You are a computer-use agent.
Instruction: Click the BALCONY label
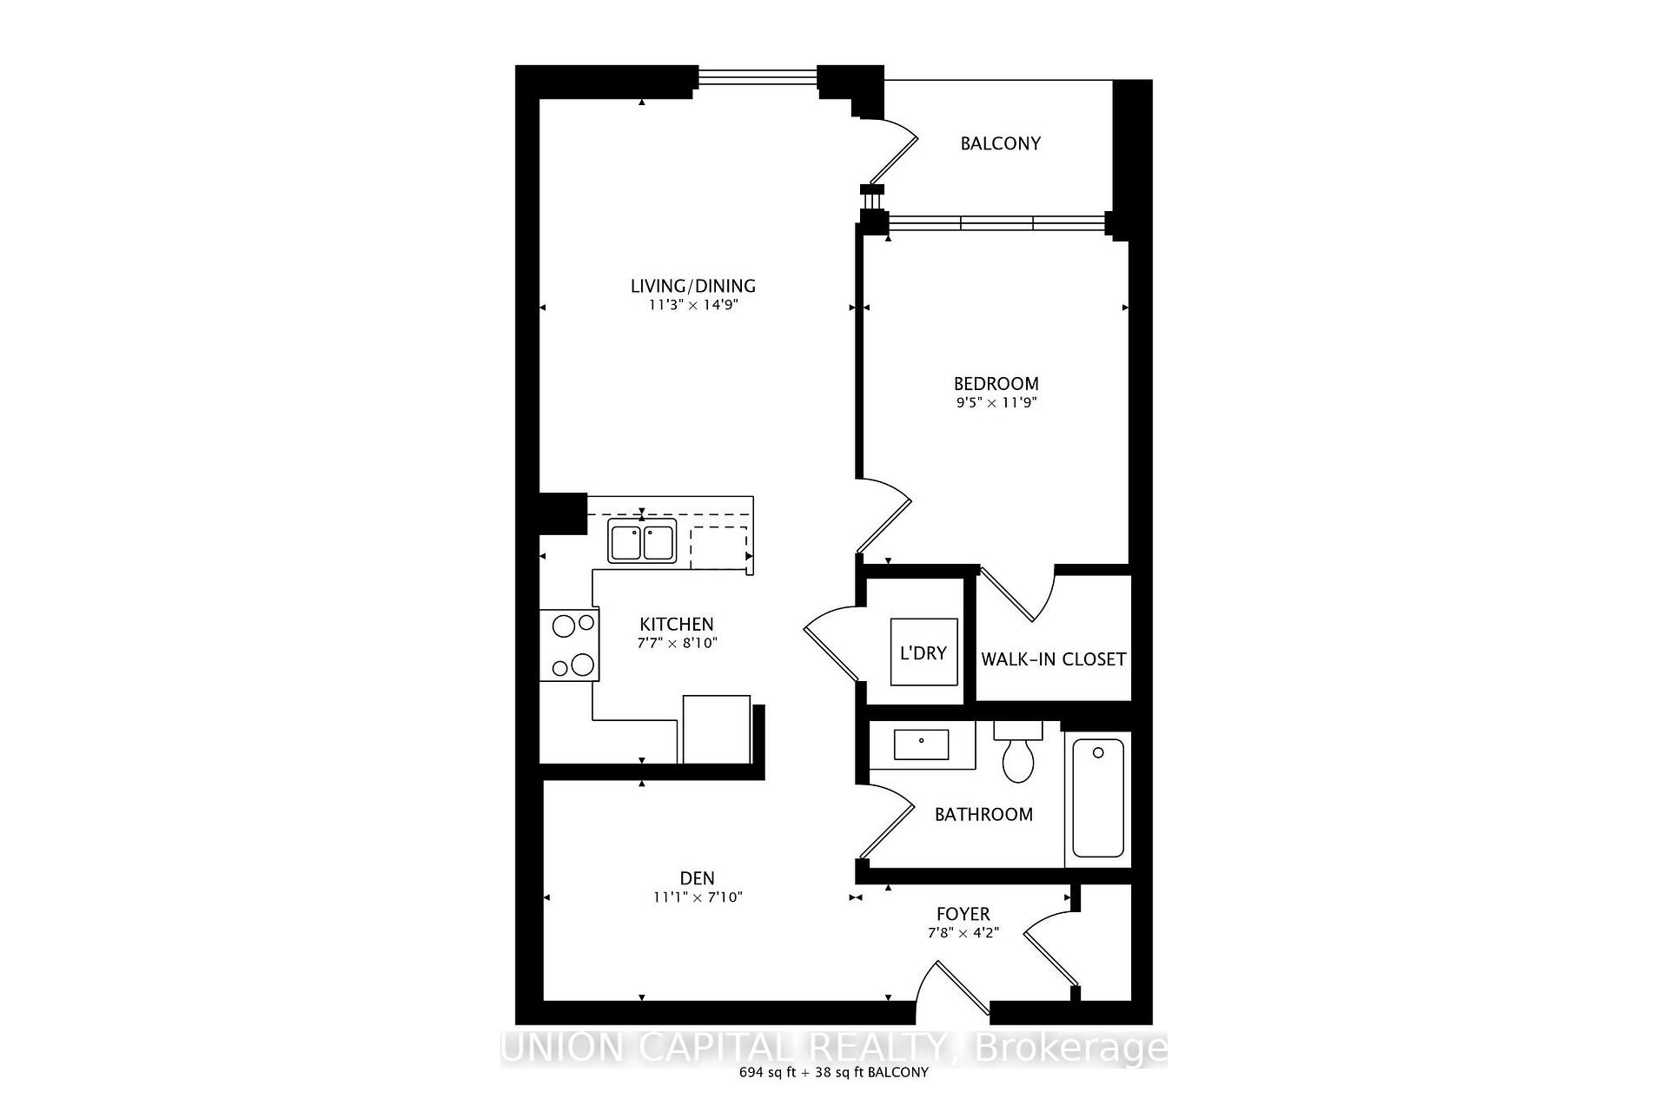click(x=1000, y=143)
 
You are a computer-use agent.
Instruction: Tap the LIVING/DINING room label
click(x=693, y=286)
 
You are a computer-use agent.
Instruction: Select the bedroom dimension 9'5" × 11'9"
click(x=996, y=402)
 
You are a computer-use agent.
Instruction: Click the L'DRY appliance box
click(x=923, y=652)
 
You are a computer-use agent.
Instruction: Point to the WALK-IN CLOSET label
click(x=1054, y=659)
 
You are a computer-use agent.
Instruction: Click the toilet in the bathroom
click(x=1018, y=752)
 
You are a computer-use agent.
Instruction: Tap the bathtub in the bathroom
click(x=1098, y=798)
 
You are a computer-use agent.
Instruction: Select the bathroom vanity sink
click(x=922, y=745)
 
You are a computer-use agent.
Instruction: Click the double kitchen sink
click(x=642, y=541)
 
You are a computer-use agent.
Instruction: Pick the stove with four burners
click(x=569, y=645)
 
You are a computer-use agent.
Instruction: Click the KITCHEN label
click(x=677, y=624)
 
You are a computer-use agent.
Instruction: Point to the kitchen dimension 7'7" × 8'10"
click(x=678, y=644)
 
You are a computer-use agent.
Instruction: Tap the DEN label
click(x=698, y=878)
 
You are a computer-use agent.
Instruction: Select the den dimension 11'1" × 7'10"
click(x=698, y=897)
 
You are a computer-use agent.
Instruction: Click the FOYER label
click(x=963, y=914)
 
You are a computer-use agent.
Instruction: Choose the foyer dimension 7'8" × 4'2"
click(x=963, y=933)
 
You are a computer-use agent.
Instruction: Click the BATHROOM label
click(x=983, y=814)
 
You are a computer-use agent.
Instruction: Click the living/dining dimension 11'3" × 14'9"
click(x=693, y=305)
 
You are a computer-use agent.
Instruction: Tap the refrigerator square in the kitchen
click(x=717, y=729)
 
